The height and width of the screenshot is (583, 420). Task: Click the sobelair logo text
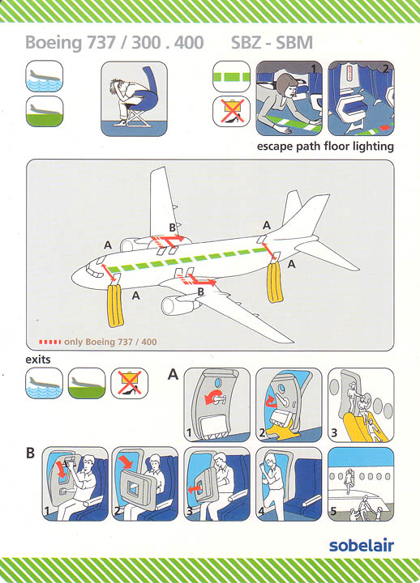coord(361,546)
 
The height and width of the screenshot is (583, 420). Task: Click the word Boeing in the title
coord(54,43)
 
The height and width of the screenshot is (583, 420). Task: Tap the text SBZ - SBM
coord(272,42)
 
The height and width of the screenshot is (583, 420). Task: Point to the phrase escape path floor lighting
coord(325,146)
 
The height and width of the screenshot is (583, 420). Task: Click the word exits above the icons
coord(38,360)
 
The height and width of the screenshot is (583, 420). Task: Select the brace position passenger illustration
coord(134,99)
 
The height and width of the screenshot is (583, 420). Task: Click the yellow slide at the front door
coord(115,305)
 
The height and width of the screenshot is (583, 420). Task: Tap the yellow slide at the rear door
coord(275,282)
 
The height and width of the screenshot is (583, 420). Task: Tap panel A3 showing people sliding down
coord(361,405)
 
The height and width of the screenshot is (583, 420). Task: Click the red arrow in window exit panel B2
coord(126,462)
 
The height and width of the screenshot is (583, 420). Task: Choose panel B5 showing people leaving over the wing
coord(361,483)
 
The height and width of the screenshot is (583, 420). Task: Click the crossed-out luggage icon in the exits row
coord(129,383)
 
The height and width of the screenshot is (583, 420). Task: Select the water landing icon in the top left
coord(45,76)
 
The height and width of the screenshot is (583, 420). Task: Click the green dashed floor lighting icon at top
coord(231,77)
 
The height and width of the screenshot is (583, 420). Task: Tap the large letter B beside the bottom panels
coord(30,453)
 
